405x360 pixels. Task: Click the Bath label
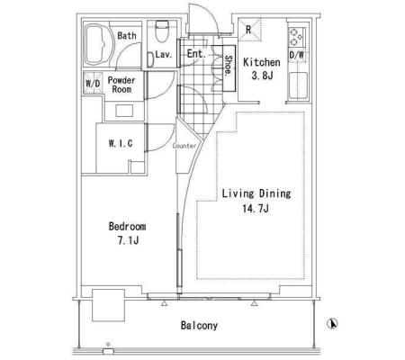point(127,36)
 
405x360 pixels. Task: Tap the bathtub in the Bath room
point(99,44)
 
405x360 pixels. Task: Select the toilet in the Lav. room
point(162,31)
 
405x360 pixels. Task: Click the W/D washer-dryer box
point(93,83)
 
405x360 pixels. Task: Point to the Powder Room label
point(121,85)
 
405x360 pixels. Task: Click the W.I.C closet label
point(121,143)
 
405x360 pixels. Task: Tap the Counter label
point(184,146)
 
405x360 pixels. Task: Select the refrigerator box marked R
point(249,30)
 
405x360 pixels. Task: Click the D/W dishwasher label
point(296,55)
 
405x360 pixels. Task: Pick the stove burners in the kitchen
point(296,38)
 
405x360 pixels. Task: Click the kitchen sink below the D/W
point(298,85)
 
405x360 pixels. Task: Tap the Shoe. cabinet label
point(229,66)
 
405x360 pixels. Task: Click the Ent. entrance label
point(196,54)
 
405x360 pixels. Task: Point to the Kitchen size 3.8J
point(262,76)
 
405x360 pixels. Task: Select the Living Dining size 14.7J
point(256,208)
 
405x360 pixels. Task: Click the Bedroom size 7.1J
point(128,240)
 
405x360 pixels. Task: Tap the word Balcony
point(199,325)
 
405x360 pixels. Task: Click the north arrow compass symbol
point(332,323)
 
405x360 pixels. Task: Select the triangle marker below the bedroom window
point(164,303)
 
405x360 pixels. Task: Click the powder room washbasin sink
point(124,111)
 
